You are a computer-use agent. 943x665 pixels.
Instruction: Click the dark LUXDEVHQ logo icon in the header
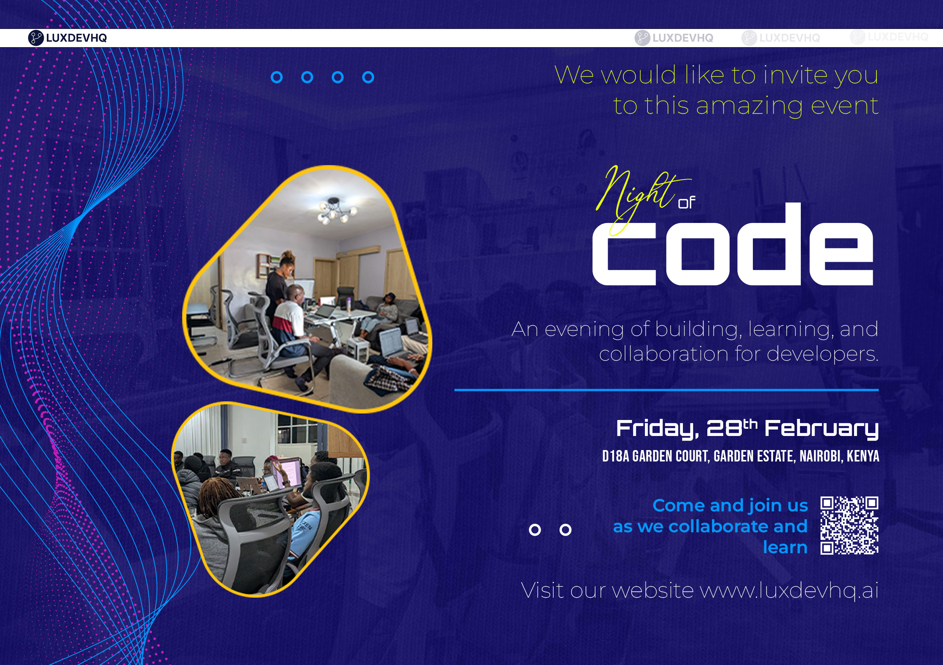[x=36, y=38]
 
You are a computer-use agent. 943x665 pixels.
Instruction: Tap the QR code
[x=849, y=525]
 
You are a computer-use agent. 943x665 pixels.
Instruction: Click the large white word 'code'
[x=733, y=251]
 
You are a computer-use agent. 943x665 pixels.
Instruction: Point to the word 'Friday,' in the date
[x=657, y=429]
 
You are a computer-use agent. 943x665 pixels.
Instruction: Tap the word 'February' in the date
[x=821, y=429]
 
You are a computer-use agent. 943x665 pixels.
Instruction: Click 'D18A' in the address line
[x=615, y=456]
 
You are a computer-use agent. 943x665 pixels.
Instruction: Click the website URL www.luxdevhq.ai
[x=789, y=590]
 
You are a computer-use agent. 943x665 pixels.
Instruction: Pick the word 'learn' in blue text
[x=785, y=547]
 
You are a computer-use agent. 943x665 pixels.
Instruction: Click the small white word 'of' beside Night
[x=686, y=203]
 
